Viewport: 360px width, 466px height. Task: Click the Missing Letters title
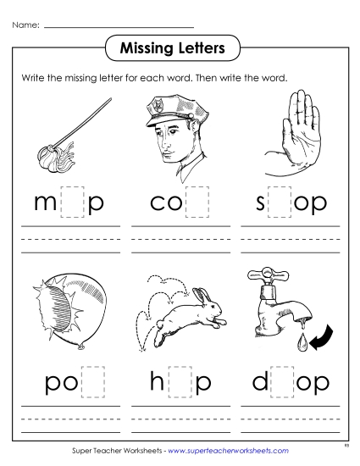click(x=180, y=47)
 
